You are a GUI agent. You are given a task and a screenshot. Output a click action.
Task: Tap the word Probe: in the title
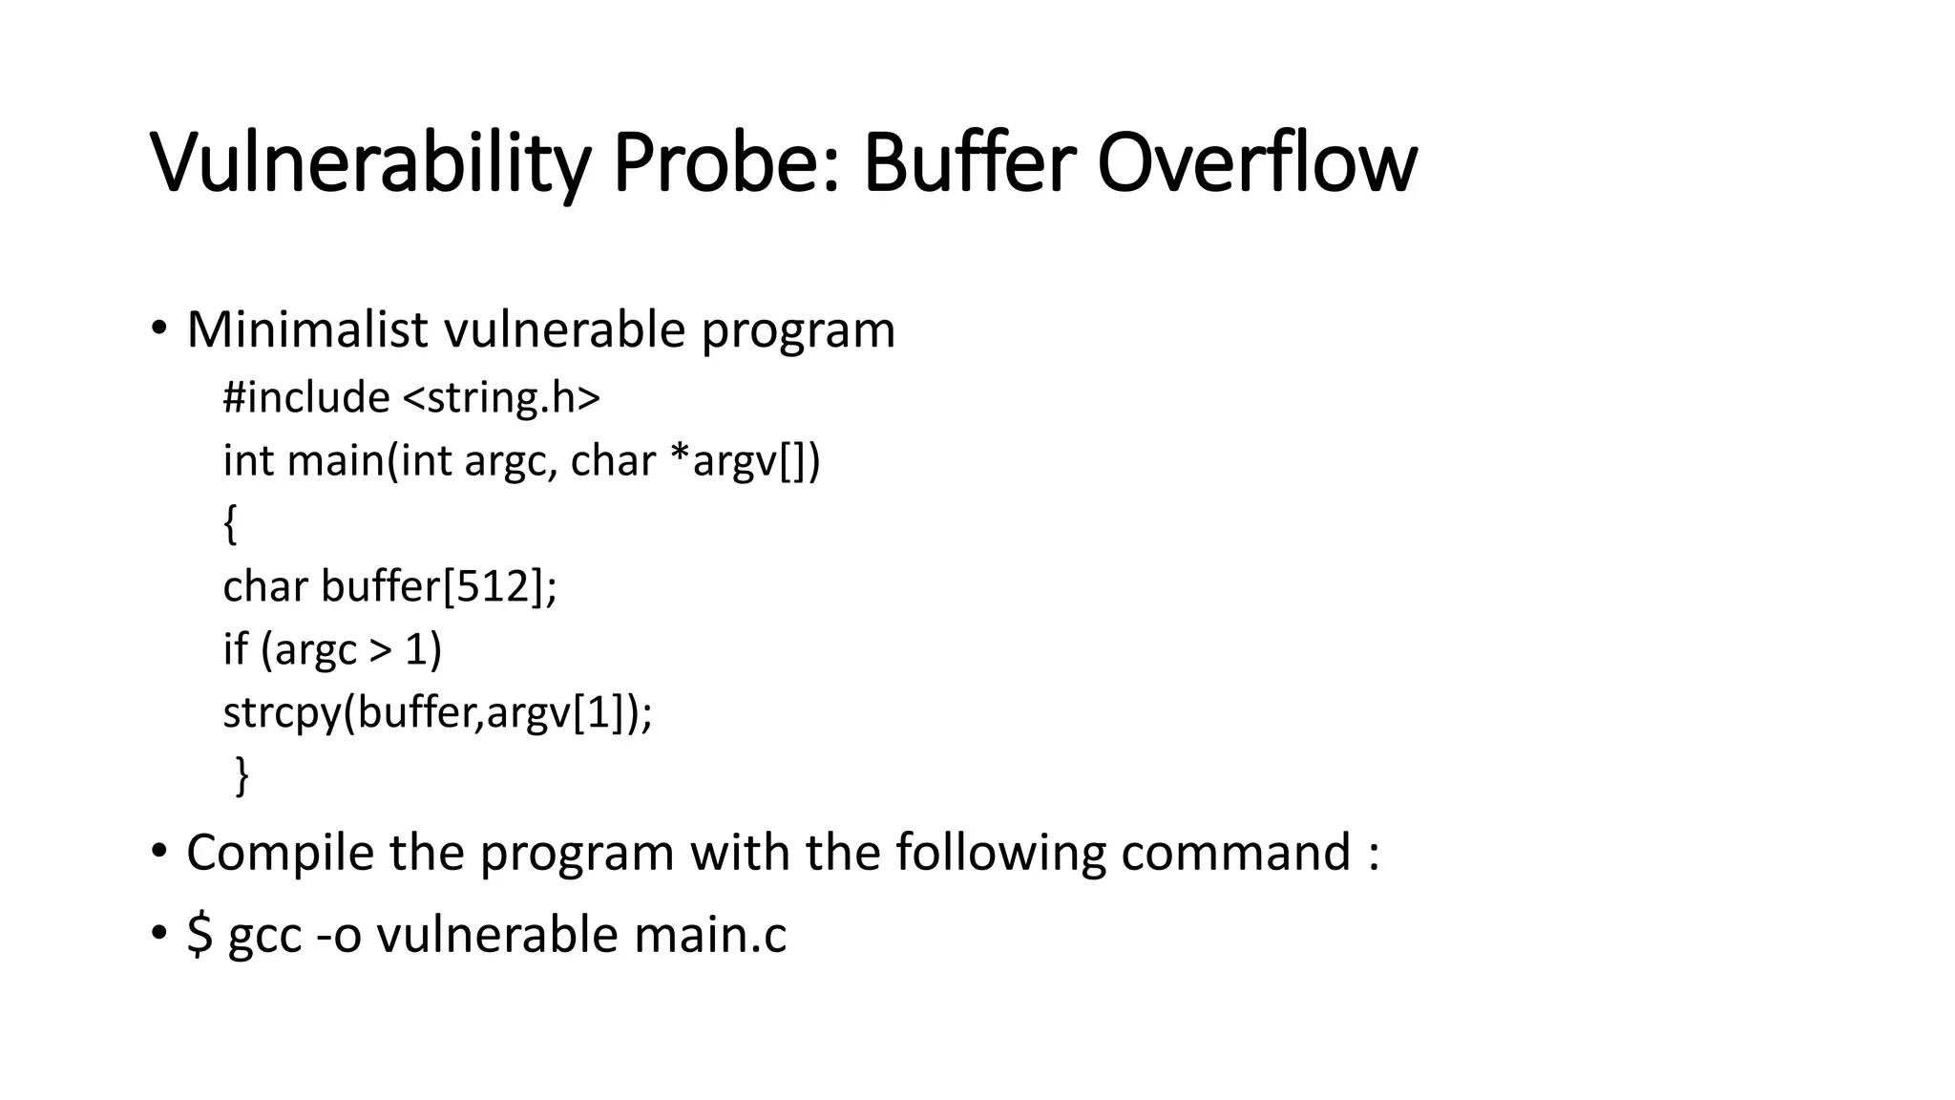[725, 163]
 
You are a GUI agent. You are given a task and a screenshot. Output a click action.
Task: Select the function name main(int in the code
[368, 460]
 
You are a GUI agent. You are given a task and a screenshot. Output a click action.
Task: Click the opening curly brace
[230, 524]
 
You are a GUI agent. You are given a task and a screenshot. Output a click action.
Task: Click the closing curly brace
[242, 774]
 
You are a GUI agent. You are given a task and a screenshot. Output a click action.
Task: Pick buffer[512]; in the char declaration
[439, 586]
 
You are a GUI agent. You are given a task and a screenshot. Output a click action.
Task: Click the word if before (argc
[235, 649]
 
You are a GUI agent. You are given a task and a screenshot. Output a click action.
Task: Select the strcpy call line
[437, 712]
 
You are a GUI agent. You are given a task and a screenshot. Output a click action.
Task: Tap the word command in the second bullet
[1235, 852]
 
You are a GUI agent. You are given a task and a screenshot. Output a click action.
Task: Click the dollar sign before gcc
[200, 934]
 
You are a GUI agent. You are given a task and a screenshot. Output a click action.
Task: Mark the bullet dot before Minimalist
[158, 329]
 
